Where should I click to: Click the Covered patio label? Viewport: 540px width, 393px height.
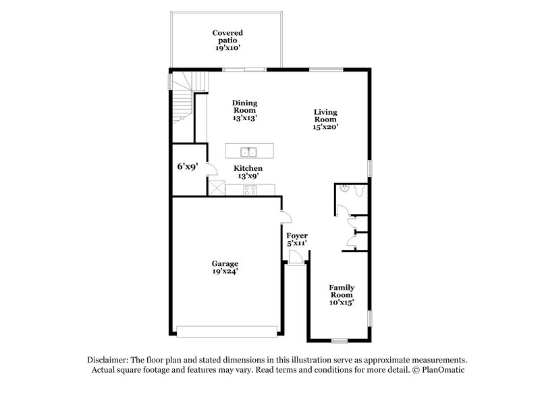[227, 41]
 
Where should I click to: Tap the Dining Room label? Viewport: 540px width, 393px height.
[245, 111]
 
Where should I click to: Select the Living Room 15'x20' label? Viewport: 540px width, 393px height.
[325, 119]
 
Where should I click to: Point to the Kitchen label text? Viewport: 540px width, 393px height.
[248, 169]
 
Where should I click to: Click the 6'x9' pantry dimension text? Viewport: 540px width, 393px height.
[187, 166]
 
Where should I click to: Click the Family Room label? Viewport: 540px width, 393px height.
[342, 294]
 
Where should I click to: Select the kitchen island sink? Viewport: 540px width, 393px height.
[247, 151]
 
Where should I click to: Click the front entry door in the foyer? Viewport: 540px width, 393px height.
[295, 257]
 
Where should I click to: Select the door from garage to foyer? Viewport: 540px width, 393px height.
[286, 217]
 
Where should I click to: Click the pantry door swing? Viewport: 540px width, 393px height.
[211, 170]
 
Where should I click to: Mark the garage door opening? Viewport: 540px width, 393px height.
[227, 332]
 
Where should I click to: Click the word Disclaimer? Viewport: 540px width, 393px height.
[108, 361]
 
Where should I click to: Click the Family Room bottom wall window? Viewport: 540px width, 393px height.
[340, 338]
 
